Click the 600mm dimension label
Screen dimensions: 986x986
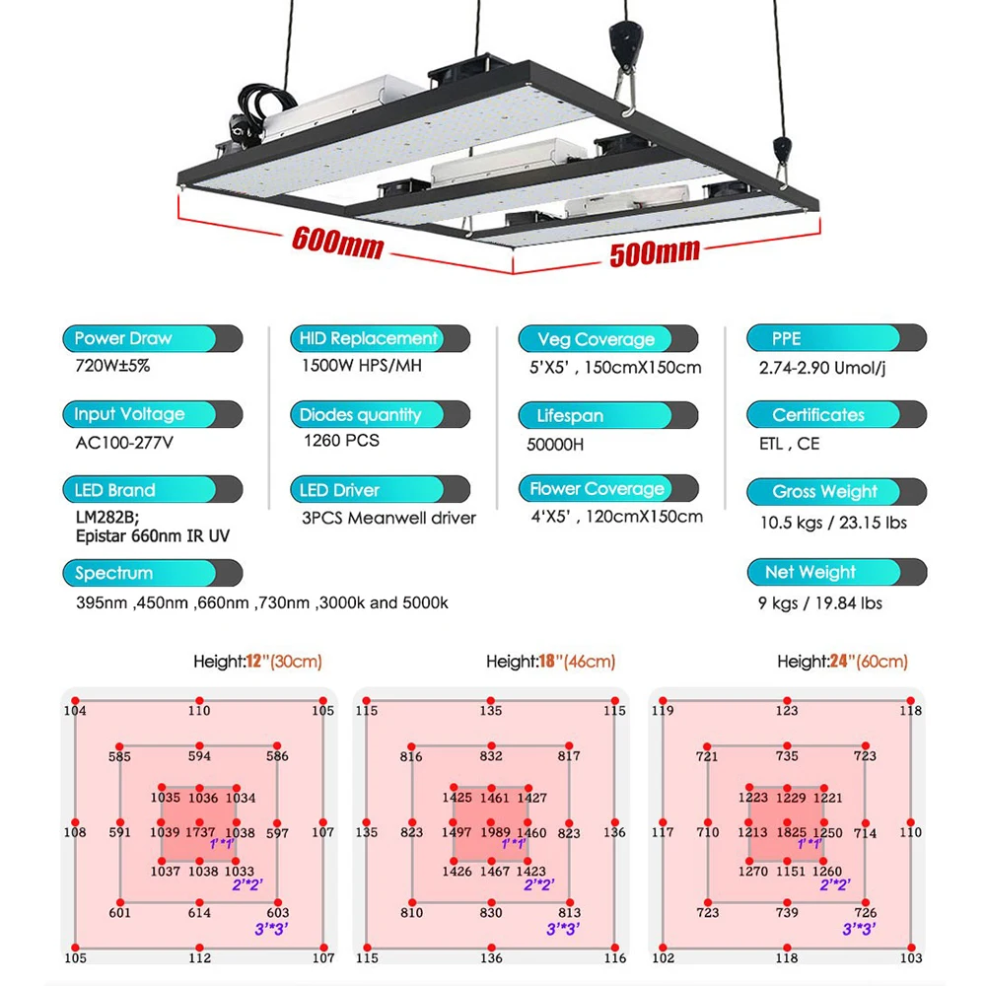(x=337, y=242)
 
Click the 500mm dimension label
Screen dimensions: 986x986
(x=655, y=251)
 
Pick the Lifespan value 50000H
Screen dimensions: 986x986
(x=555, y=445)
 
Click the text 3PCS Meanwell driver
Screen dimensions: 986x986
(x=388, y=518)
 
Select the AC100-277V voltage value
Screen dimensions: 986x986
(x=124, y=442)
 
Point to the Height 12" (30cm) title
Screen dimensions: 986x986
(x=258, y=662)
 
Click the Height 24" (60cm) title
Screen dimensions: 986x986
(x=842, y=662)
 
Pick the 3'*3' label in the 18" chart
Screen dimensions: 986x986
(x=564, y=929)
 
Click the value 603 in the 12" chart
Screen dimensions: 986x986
(x=278, y=913)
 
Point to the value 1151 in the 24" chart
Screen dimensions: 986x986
(x=787, y=872)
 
